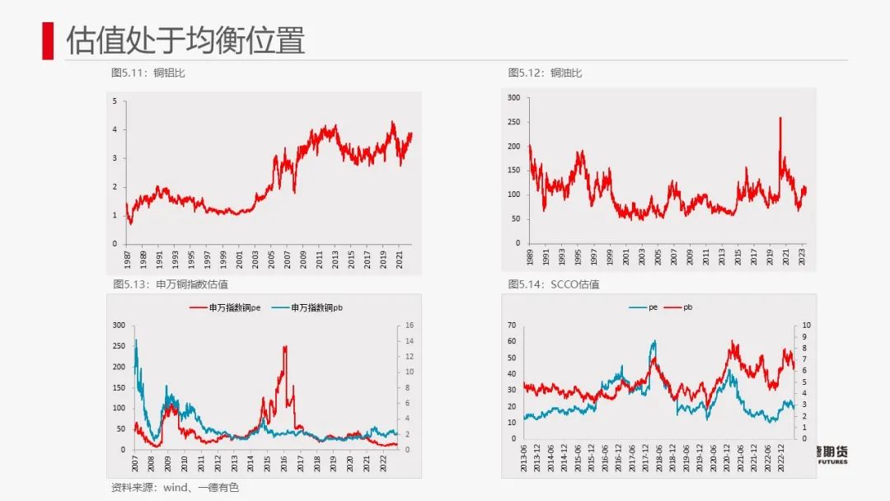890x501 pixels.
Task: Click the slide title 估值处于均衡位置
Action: coord(185,40)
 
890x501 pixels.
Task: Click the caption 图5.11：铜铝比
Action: coord(148,73)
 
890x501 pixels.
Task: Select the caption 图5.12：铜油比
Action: coord(545,73)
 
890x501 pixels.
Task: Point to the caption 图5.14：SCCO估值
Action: coord(553,284)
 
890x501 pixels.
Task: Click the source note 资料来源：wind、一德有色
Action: coord(175,488)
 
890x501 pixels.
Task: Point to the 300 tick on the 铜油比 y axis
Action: coord(514,98)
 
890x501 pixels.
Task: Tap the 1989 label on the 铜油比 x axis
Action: coord(527,257)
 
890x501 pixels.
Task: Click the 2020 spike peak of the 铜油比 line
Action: coord(780,119)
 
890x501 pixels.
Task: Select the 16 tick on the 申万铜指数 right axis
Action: coord(401,325)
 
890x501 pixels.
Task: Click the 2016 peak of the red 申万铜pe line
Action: coord(285,347)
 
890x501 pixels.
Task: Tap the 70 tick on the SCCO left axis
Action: coord(511,325)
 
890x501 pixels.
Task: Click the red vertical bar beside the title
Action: coord(48,40)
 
